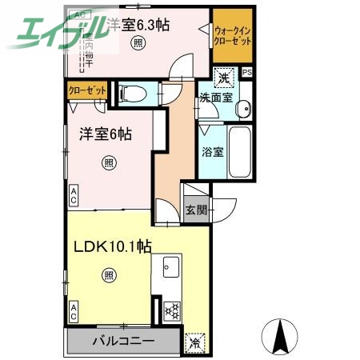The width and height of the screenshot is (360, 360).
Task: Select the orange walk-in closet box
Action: pos(232,36)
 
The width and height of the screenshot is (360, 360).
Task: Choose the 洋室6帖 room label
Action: pos(104,134)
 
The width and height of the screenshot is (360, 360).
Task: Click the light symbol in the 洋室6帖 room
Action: pos(109,163)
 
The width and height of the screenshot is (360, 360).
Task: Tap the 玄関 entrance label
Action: pos(196,210)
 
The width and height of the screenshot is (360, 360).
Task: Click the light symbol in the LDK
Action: pos(109,276)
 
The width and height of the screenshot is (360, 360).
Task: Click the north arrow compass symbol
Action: pos(280,335)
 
